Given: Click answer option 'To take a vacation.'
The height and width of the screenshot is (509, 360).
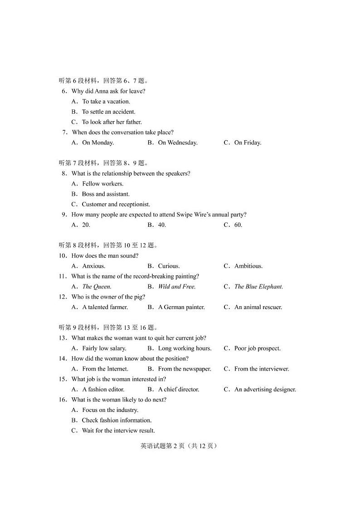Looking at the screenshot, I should coord(106,102).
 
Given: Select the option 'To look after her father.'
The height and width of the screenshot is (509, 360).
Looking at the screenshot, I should coord(112,122).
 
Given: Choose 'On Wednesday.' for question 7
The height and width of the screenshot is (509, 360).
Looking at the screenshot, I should coord(178,142).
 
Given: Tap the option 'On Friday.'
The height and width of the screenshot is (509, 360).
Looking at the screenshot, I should coord(248,142).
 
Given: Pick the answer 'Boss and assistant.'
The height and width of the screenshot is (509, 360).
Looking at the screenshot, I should coord(106,194).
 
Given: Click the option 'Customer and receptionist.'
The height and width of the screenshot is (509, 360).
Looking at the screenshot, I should coord(116,204).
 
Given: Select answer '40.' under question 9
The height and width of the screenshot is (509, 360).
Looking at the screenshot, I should coord(162,225).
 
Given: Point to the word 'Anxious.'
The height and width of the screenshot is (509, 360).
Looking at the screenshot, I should coord(93,266).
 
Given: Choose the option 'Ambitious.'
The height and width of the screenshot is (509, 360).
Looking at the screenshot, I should coord(248,266).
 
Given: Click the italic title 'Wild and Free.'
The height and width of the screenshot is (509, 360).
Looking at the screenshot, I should coord(177,287).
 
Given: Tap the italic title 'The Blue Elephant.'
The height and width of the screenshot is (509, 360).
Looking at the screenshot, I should coord(258,287).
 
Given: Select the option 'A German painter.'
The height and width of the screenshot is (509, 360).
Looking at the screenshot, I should coord(181,307).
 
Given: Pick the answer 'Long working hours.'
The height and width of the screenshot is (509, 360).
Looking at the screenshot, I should coord(185,348).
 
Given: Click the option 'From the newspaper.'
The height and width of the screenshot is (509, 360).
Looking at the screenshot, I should coord(185,369).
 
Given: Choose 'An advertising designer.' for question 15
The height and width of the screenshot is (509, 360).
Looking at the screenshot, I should coord(265,389).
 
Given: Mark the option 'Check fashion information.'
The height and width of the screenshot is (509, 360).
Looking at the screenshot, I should coord(117,420).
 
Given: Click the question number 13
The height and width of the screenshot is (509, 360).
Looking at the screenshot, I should coord(63,338).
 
